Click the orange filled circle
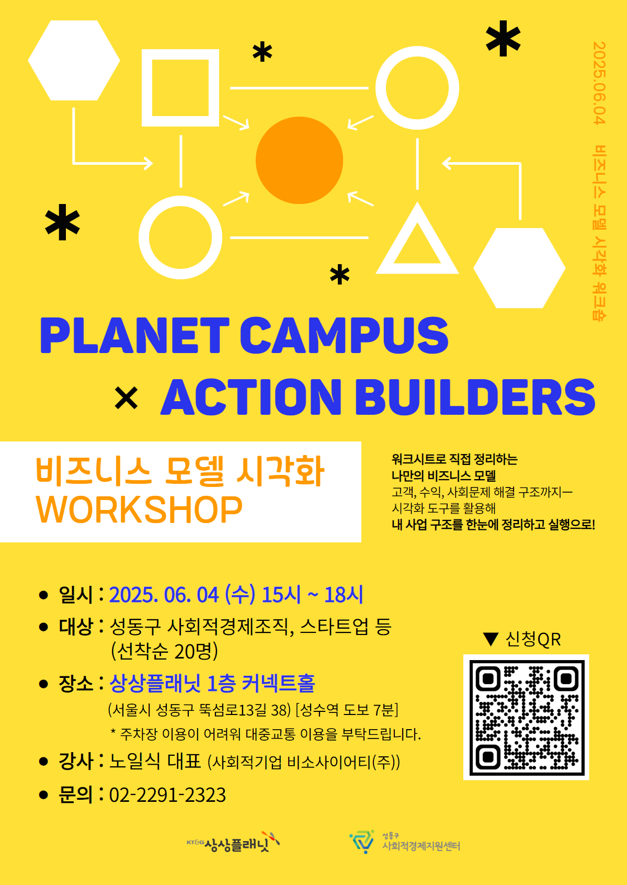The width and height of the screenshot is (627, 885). pyautogui.click(x=299, y=161)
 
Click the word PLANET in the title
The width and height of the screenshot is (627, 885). pyautogui.click(x=134, y=335)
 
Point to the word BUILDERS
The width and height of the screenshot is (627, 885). pyautogui.click(x=475, y=396)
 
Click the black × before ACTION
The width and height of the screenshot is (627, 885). pyautogui.click(x=126, y=398)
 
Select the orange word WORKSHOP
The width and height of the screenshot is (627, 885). pyautogui.click(x=139, y=509)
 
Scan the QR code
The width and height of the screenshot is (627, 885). pyautogui.click(x=526, y=717)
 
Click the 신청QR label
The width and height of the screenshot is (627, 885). pyautogui.click(x=533, y=639)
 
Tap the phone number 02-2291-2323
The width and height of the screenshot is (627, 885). pyautogui.click(x=167, y=795)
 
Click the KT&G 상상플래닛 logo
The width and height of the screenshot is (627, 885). pyautogui.click(x=233, y=843)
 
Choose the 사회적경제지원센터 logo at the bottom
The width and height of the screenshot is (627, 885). pyautogui.click(x=405, y=842)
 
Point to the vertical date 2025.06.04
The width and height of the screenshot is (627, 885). pyautogui.click(x=599, y=83)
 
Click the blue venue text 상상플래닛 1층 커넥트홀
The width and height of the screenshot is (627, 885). pyautogui.click(x=212, y=683)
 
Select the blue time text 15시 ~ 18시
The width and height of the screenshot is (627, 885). pyautogui.click(x=312, y=594)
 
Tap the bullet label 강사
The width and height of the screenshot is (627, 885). pyautogui.click(x=76, y=761)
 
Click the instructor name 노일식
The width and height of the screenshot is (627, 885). pyautogui.click(x=135, y=761)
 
